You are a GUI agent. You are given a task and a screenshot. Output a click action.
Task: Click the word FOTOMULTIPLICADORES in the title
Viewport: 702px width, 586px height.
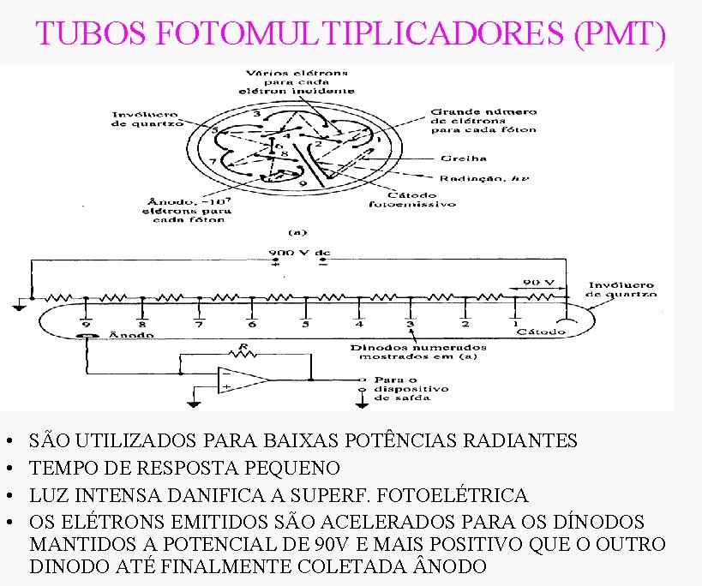pos(363,33)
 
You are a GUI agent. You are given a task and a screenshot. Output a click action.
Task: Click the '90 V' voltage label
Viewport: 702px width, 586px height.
pos(539,282)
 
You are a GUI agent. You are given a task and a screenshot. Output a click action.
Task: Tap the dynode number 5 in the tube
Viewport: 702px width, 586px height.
pos(305,324)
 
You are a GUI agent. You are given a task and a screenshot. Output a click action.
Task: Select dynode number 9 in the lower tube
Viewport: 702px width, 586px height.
pos(87,324)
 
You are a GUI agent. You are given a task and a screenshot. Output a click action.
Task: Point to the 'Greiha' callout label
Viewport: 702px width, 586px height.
pos(464,158)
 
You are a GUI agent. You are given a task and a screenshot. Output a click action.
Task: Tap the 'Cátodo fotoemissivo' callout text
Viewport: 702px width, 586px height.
pos(412,199)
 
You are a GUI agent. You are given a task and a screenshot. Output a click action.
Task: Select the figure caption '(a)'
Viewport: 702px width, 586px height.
pos(297,230)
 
